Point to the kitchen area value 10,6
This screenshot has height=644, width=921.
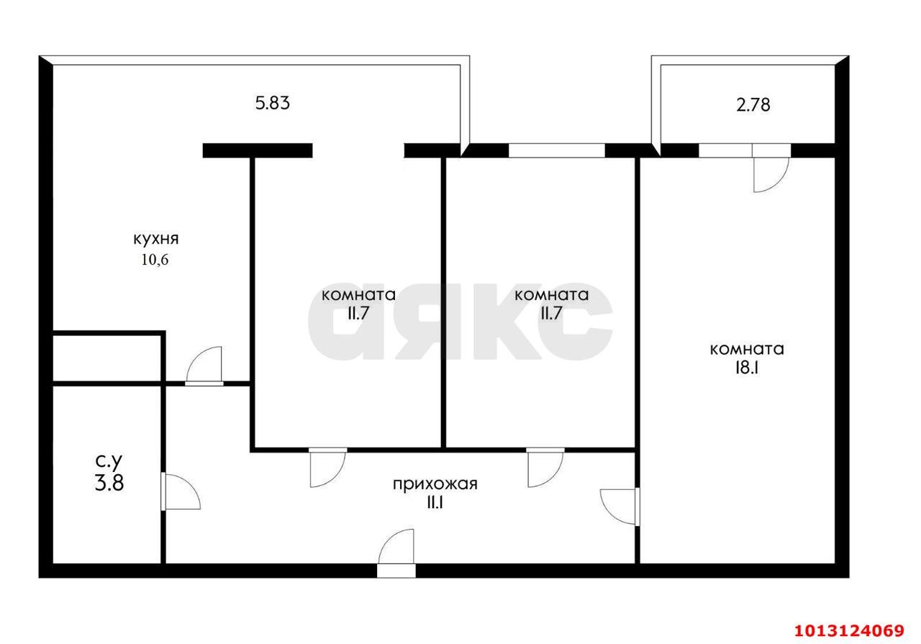(155, 260)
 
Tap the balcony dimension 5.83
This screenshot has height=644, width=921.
(272, 104)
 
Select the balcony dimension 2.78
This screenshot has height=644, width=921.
(752, 105)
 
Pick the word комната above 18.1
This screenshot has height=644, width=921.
(746, 350)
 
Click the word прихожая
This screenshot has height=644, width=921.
(435, 484)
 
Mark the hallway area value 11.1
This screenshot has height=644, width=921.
(434, 503)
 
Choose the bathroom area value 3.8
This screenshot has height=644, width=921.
(109, 482)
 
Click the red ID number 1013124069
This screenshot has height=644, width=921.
(848, 631)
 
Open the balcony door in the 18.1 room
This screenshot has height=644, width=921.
(771, 173)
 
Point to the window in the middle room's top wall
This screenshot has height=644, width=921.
(556, 150)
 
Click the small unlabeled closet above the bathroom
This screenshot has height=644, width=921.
(107, 357)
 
